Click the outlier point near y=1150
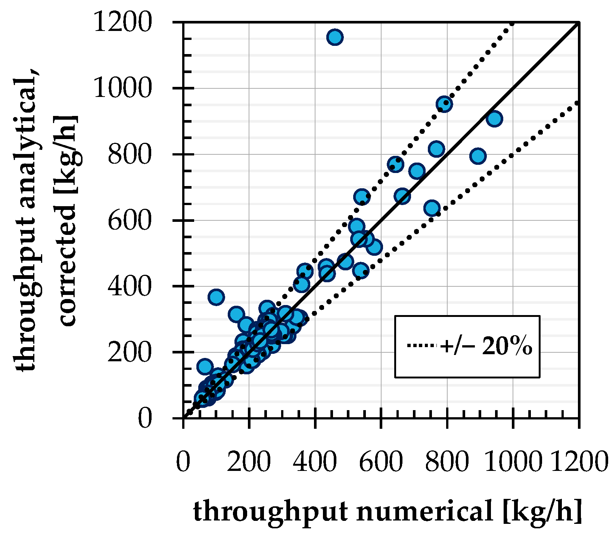335,37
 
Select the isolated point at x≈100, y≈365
216,297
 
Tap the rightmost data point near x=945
494,119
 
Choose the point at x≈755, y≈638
432,208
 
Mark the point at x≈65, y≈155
205,367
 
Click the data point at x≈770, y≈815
436,149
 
